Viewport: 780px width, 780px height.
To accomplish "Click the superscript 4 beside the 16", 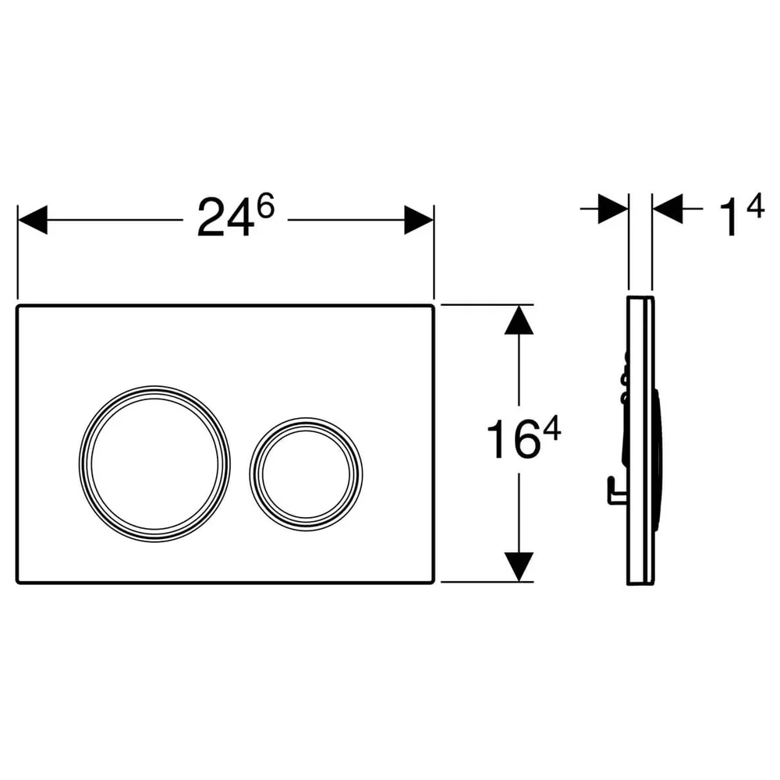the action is tap(551, 429).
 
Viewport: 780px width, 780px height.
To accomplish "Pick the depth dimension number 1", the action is tap(729, 218).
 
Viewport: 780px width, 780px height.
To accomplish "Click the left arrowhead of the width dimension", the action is tap(32, 219).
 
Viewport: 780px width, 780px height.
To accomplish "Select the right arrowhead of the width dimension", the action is tap(419, 219).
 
